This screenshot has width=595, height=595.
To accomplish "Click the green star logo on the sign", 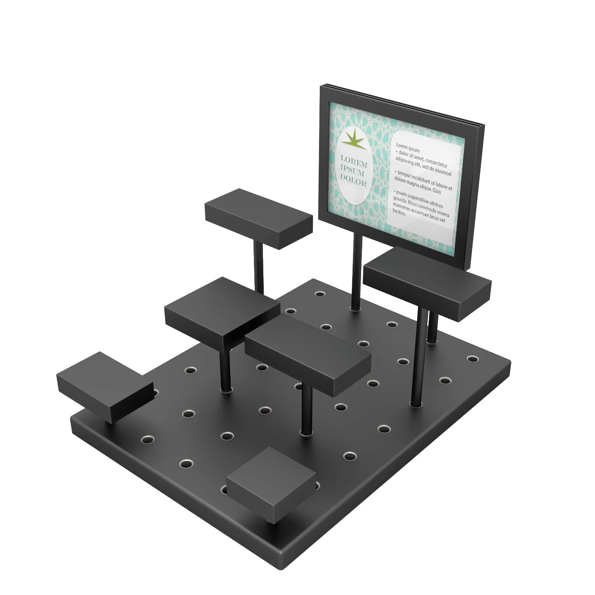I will tap(353, 139).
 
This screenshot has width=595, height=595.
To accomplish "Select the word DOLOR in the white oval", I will tap(353, 181).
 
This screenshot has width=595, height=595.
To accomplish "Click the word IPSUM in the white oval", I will tap(352, 171).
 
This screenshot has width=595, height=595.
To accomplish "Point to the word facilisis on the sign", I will tap(399, 212).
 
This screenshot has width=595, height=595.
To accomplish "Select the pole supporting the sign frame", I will tap(356, 271).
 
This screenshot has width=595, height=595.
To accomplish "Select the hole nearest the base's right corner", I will tap(472, 359).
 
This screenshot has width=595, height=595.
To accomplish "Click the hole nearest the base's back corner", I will tap(320, 294).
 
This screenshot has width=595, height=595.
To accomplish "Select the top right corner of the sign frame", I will tap(483, 125).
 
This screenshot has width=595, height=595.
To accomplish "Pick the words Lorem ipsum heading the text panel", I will tap(408, 148).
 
